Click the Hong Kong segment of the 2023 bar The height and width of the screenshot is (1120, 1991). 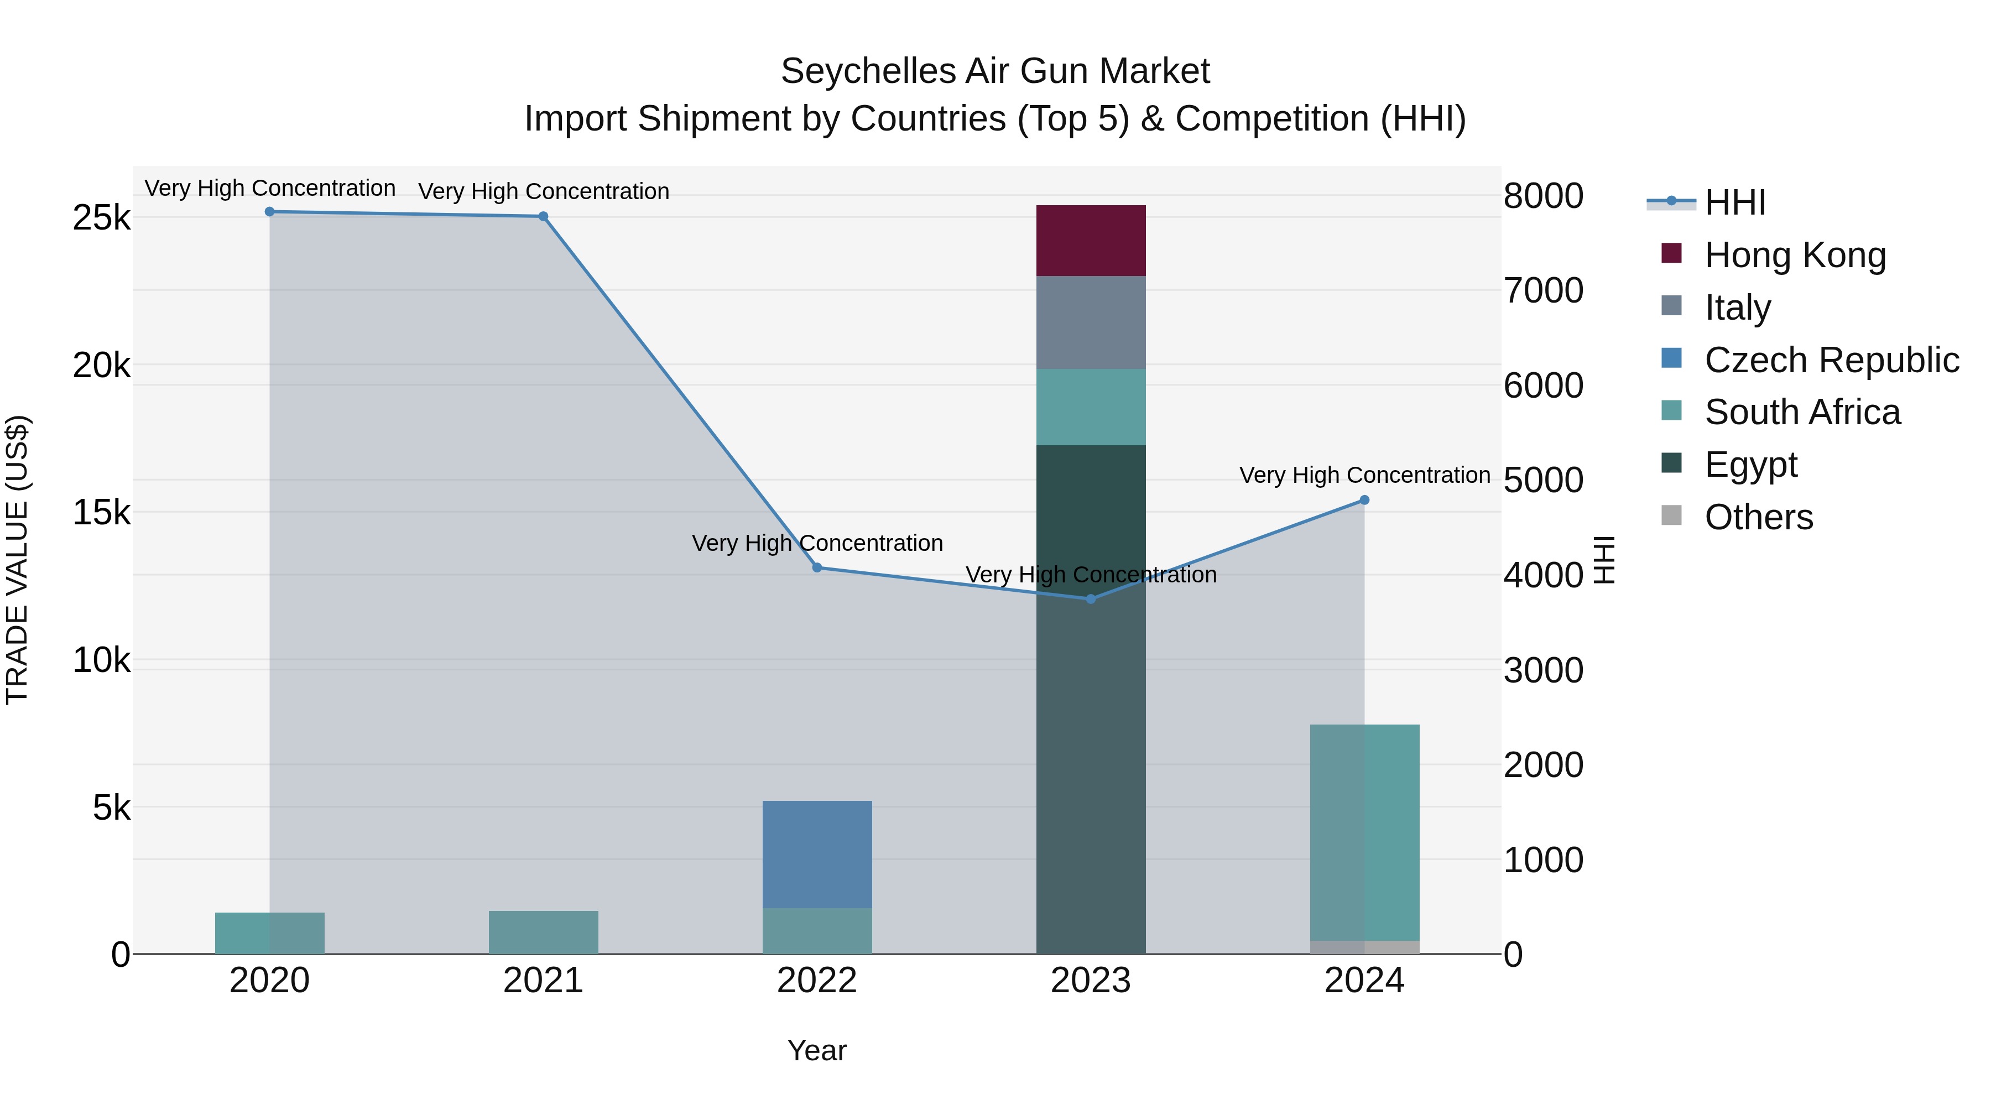[x=1091, y=241]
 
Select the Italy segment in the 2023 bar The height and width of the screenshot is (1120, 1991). [x=1091, y=322]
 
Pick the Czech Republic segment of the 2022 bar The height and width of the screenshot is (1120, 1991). [x=817, y=854]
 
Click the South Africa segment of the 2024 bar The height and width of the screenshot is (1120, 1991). [x=1364, y=832]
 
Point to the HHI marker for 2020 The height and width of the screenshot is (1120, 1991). [x=270, y=212]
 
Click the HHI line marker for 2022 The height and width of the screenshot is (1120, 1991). [x=817, y=567]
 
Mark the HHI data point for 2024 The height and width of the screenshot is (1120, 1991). [x=1364, y=500]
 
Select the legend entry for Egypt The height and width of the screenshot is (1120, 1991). [x=1750, y=465]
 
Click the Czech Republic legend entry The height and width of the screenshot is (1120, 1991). [x=1830, y=360]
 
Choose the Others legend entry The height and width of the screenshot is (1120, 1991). [x=1758, y=517]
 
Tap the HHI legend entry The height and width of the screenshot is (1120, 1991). [x=1734, y=202]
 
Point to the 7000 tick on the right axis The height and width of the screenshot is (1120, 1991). [x=1542, y=291]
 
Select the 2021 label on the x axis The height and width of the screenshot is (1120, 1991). [x=543, y=981]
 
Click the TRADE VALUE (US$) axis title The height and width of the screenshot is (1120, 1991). [x=17, y=560]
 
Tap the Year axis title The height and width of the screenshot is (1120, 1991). [x=817, y=1050]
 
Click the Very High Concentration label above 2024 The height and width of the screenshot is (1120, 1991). [x=1364, y=475]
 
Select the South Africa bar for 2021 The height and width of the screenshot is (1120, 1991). [x=543, y=932]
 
